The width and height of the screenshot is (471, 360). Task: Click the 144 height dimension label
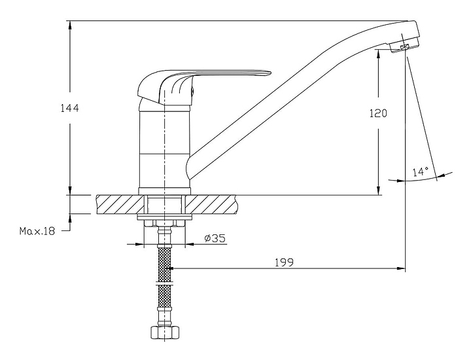coord(69,109)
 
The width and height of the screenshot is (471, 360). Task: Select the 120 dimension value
coord(378,113)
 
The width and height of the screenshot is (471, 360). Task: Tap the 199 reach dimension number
coord(284,262)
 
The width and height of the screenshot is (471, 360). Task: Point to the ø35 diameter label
coord(215,238)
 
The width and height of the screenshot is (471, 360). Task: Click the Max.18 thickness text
coord(37,230)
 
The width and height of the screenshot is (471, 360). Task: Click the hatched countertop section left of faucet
coord(118,204)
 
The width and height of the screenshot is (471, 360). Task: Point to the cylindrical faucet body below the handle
coord(164,147)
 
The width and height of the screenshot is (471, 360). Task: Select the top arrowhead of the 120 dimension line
coord(379,54)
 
